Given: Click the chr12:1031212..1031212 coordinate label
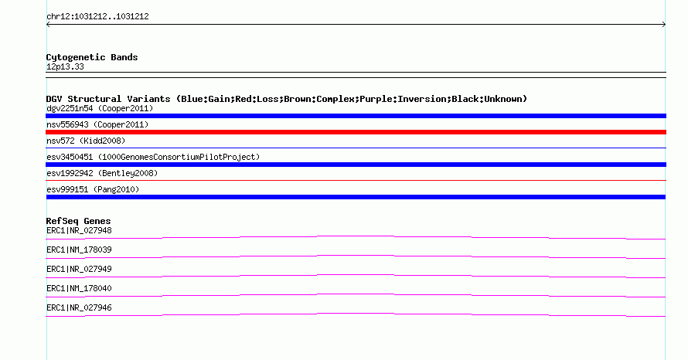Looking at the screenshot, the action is pyautogui.click(x=98, y=17).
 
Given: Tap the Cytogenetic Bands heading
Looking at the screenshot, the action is pyautogui.click(x=92, y=57).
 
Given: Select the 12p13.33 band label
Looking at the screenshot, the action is pyautogui.click(x=65, y=66).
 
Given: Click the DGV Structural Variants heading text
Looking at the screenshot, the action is pyautogui.click(x=287, y=99).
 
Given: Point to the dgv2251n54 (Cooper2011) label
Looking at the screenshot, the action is pyautogui.click(x=100, y=108).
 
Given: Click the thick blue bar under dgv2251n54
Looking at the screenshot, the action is pyautogui.click(x=356, y=116).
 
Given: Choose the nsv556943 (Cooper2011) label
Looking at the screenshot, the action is pyautogui.click(x=97, y=124).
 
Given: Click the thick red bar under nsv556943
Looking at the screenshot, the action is pyautogui.click(x=356, y=132).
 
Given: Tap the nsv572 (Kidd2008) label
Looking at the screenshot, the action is pyautogui.click(x=86, y=141).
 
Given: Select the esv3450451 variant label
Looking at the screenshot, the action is pyautogui.click(x=153, y=157).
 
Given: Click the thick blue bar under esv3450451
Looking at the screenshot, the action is pyautogui.click(x=356, y=165).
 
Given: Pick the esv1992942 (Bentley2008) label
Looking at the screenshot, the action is pyautogui.click(x=102, y=173).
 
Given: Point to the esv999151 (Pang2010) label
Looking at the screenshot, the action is pyautogui.click(x=93, y=189).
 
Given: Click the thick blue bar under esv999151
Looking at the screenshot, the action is pyautogui.click(x=356, y=197).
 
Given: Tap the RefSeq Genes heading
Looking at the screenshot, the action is pyautogui.click(x=79, y=221).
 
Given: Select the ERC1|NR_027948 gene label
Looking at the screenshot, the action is pyautogui.click(x=79, y=231).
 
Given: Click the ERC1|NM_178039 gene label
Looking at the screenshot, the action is pyautogui.click(x=79, y=250).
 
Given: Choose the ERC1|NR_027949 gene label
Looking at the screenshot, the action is pyautogui.click(x=79, y=270).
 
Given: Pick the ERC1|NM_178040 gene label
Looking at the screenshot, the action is pyautogui.click(x=79, y=288).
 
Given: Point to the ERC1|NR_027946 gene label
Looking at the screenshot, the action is pyautogui.click(x=79, y=307).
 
